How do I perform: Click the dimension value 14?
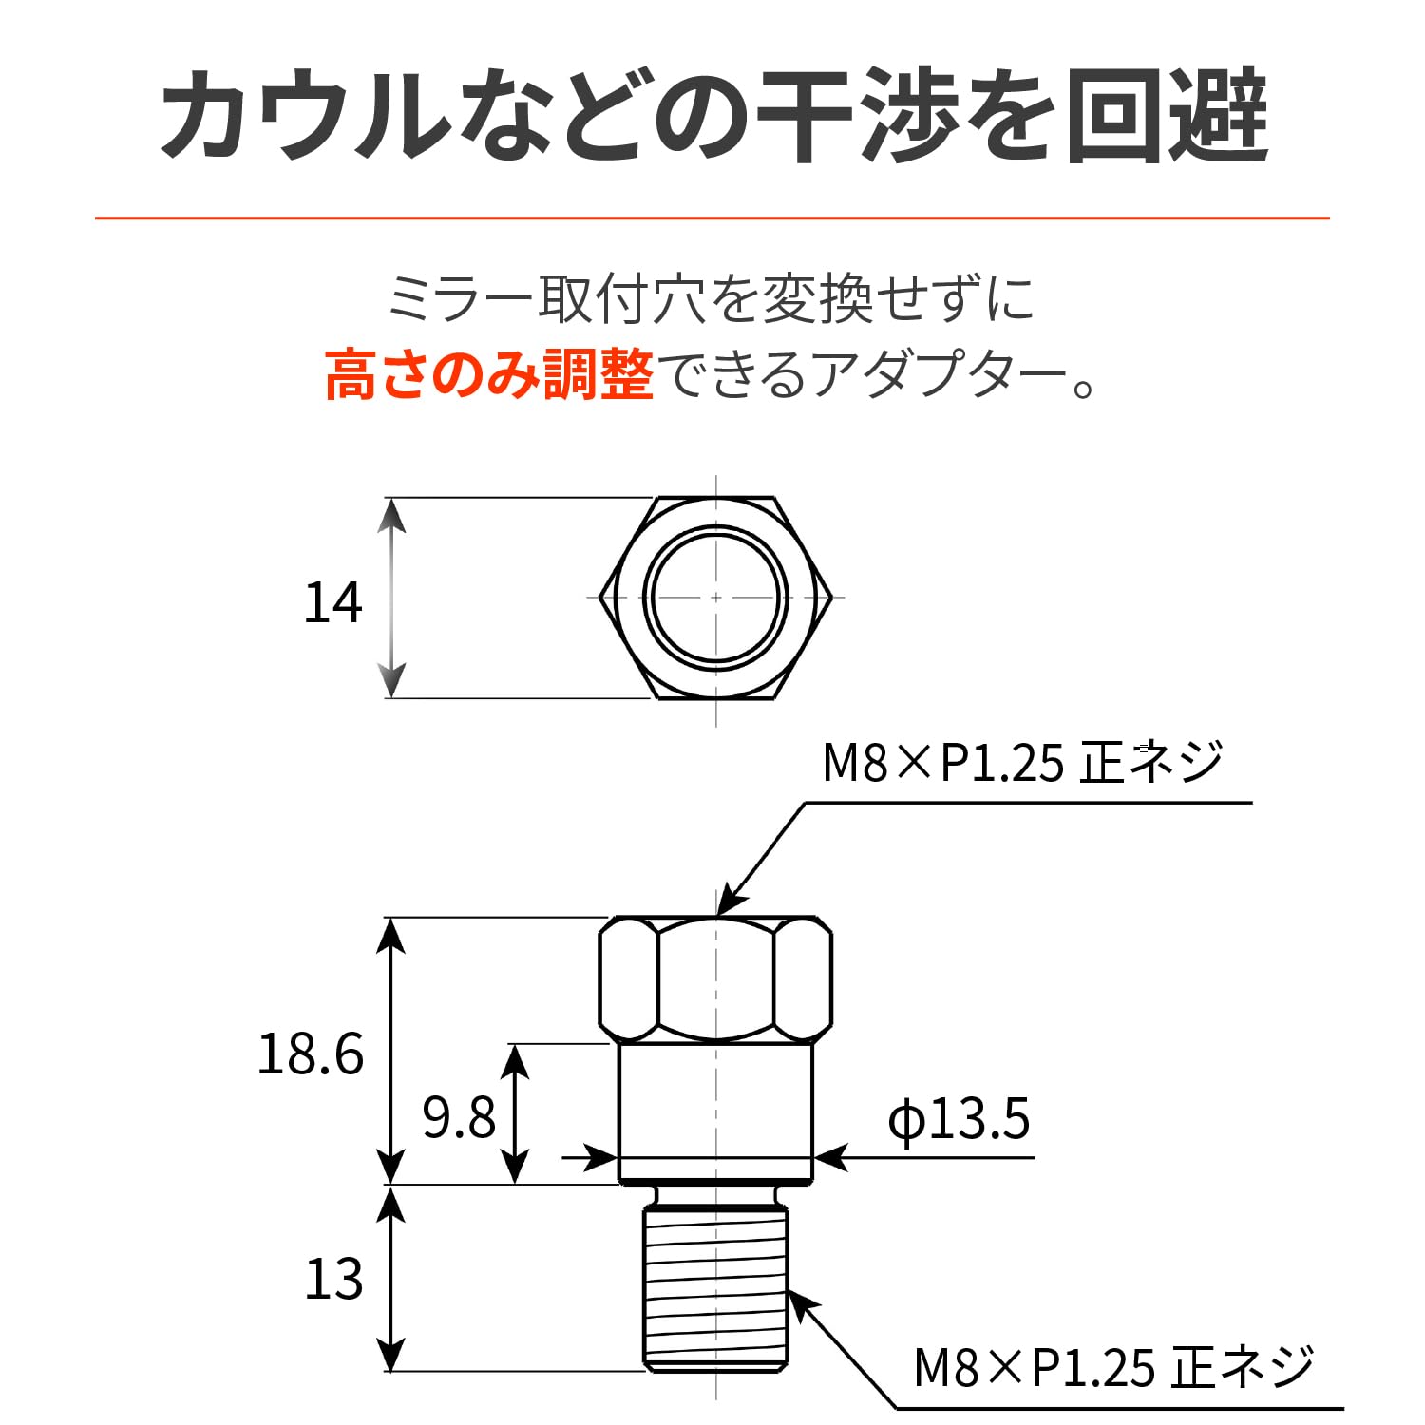333,603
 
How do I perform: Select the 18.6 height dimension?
311,1054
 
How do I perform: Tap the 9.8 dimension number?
459,1117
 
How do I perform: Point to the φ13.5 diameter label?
959,1119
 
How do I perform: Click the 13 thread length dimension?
333,1279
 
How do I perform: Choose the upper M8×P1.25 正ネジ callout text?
1022,763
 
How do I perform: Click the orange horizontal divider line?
712,218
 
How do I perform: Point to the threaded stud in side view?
715,1287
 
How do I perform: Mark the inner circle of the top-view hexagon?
715,597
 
